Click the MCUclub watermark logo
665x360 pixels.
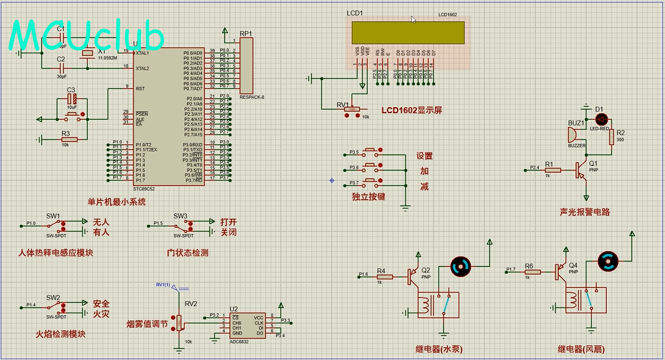click(x=87, y=36)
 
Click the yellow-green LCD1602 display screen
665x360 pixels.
click(x=408, y=33)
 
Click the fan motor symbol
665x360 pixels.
click(x=608, y=261)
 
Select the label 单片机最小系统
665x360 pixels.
click(x=117, y=202)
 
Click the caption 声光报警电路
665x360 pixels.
click(x=585, y=212)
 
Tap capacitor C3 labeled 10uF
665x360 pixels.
click(x=73, y=100)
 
